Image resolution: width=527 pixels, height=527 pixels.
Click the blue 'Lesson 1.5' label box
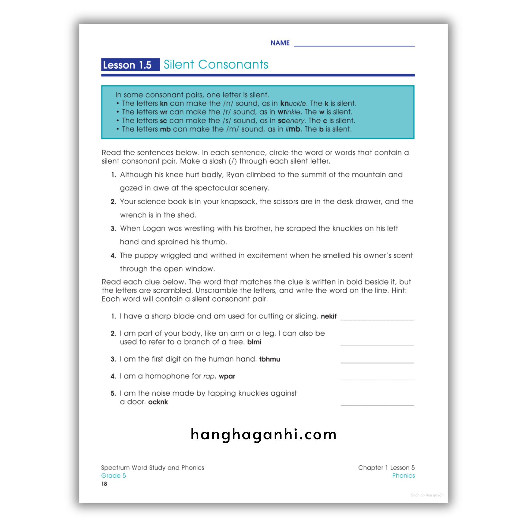tap(130, 65)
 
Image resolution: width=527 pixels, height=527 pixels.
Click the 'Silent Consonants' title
tap(216, 65)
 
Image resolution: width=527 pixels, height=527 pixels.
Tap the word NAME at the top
tap(280, 43)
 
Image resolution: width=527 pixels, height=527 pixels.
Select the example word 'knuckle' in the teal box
tap(293, 103)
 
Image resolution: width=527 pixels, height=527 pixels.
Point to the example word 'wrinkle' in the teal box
tap(289, 112)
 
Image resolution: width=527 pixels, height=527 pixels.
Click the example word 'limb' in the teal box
tap(293, 129)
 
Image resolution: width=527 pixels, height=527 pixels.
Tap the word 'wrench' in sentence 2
tap(133, 215)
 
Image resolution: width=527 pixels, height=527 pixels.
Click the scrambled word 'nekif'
tap(328, 317)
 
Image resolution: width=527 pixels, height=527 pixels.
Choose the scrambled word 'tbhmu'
tap(269, 359)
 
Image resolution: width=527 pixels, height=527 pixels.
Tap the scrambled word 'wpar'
tap(227, 376)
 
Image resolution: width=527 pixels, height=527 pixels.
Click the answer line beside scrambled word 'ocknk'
tap(377, 405)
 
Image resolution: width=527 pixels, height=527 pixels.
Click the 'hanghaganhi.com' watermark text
tap(263, 435)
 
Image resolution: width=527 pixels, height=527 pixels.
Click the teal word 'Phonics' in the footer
tap(403, 476)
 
